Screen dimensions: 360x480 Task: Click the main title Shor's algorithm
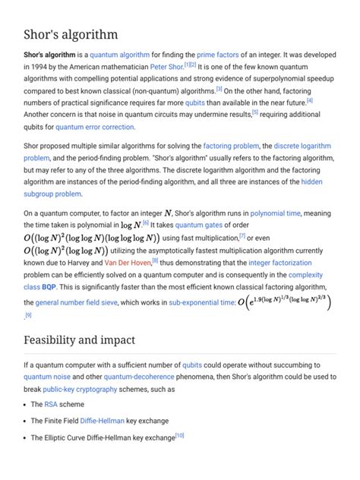point(71,35)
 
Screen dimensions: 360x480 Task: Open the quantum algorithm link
point(118,55)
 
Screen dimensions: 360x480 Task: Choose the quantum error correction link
point(95,127)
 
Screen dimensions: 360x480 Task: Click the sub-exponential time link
point(202,302)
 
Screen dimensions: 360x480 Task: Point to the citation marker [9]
point(28,314)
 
